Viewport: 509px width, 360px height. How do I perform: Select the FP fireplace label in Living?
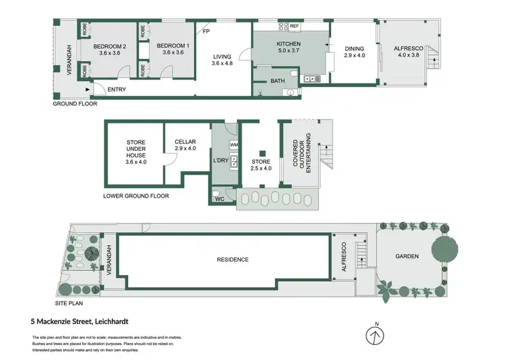coord(206,31)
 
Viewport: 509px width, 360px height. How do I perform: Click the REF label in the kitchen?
coord(295,26)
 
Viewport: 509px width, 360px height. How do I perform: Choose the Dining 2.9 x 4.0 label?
coord(354,52)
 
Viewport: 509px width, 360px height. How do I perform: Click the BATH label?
coord(278,81)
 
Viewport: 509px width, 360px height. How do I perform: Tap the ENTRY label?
coord(117,90)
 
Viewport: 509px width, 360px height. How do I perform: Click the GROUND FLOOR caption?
coord(75,105)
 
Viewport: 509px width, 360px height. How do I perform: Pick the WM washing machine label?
coord(234,145)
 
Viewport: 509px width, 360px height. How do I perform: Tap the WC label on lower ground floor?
coord(219,198)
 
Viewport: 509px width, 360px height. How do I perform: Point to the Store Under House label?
coord(136,152)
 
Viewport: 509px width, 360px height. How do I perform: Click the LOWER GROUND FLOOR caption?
coord(136,196)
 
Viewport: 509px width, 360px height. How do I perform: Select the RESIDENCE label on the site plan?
coord(233,259)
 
